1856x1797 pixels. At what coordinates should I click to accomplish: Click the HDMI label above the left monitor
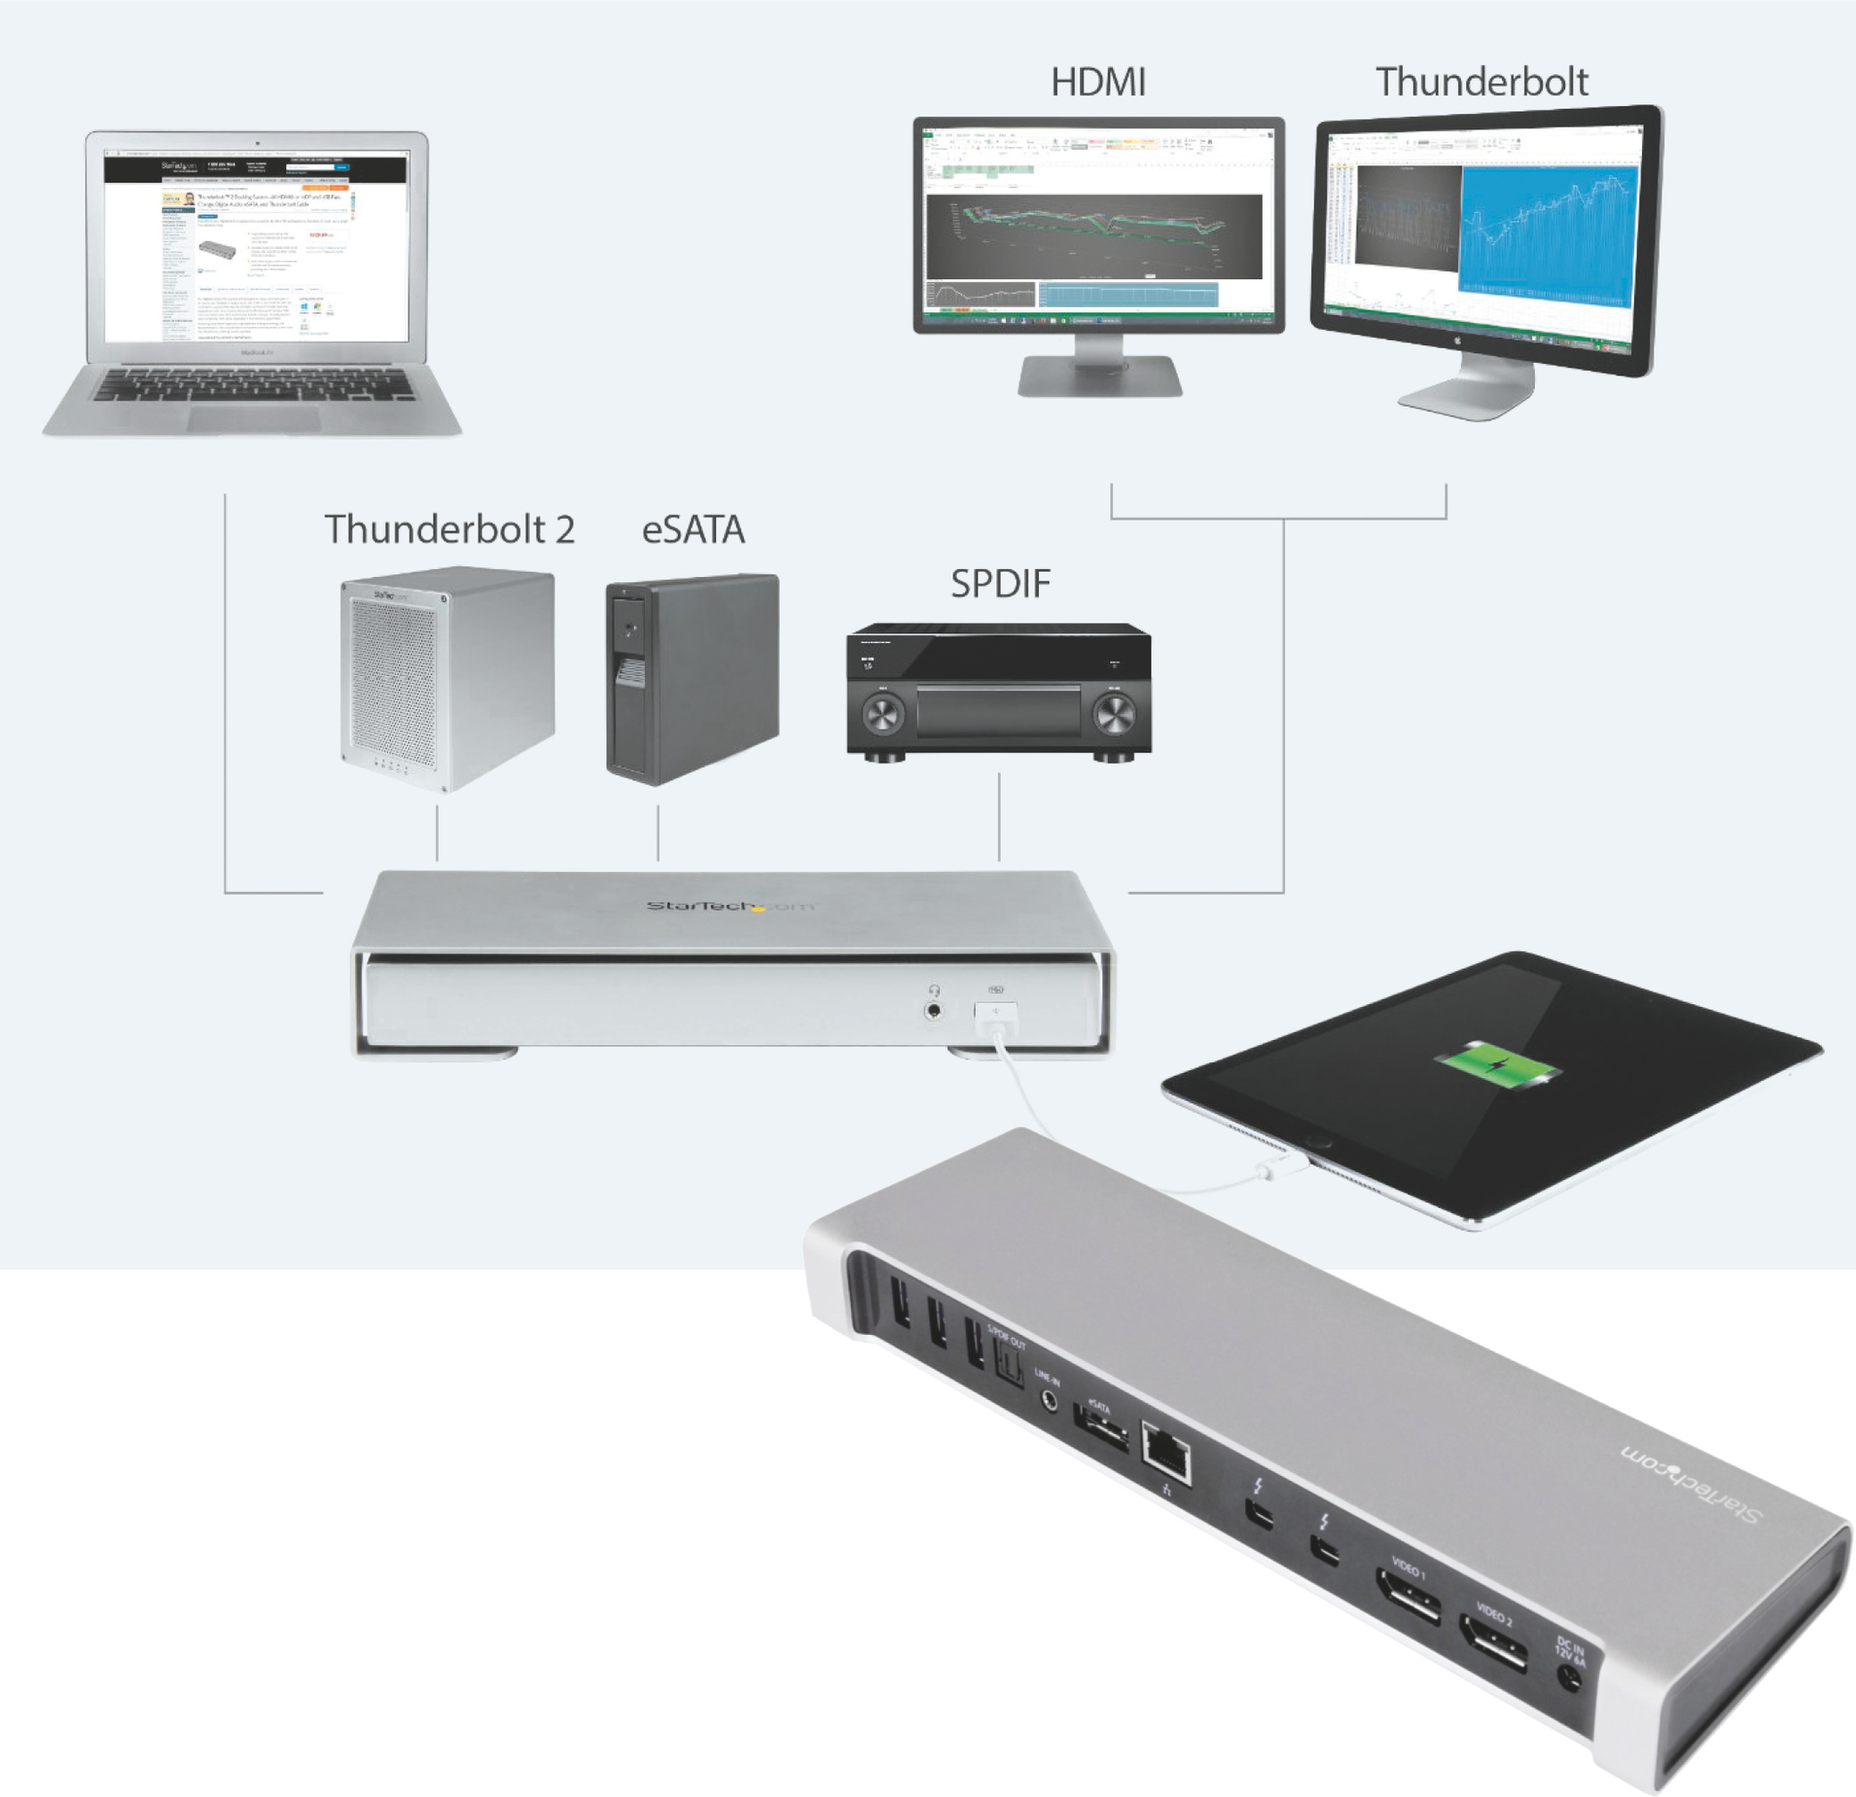(1099, 83)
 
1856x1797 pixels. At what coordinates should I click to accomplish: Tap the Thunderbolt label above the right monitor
(1482, 83)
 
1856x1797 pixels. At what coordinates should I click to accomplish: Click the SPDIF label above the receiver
(1000, 584)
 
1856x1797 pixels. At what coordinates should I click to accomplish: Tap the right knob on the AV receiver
(1115, 715)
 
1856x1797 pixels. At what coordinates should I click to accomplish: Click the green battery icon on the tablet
(1498, 1066)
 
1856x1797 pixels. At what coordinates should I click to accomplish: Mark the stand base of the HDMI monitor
(1100, 377)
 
